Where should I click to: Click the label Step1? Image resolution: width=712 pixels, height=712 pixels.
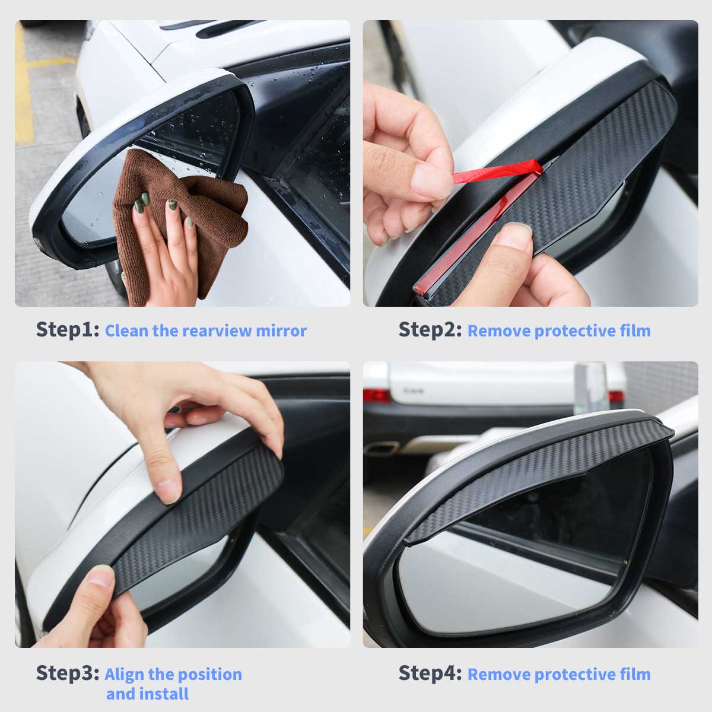68,329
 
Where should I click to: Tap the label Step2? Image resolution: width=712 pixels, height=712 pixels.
430,329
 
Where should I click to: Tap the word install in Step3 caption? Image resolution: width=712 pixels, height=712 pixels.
168,694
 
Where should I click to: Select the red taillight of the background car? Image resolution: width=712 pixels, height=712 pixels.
376,395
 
